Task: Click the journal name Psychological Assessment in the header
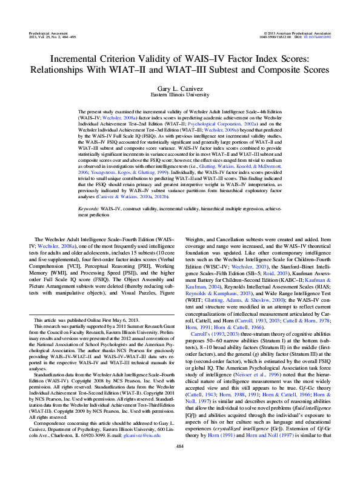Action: pos(49,30)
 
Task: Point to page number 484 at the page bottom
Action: pos(179,464)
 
